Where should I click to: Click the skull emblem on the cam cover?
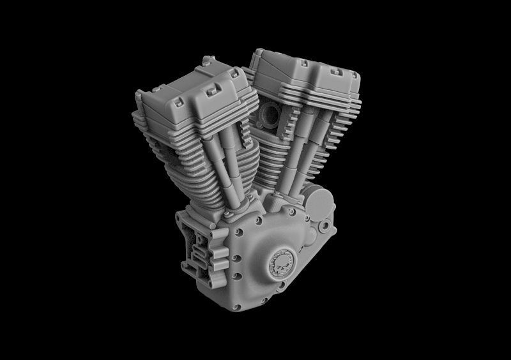[x=281, y=262]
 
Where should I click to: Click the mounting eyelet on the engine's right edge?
[x=326, y=225]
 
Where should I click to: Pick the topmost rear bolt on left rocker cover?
[x=207, y=61]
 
